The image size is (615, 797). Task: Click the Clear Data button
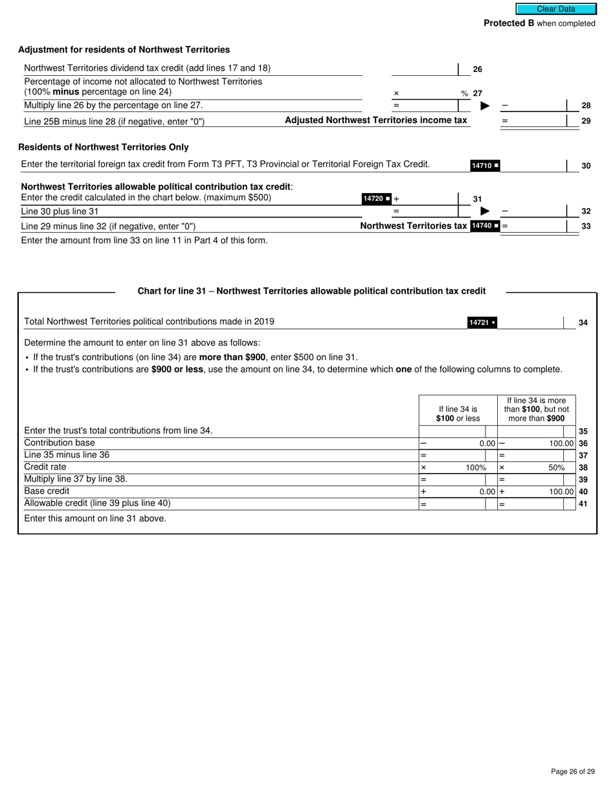(x=555, y=9)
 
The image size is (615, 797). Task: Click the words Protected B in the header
(x=509, y=23)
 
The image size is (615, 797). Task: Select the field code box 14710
(x=485, y=166)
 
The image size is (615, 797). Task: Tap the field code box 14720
(x=376, y=199)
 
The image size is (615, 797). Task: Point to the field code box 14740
(x=485, y=226)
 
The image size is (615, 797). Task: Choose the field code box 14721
(x=482, y=323)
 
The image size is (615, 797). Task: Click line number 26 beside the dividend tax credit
(x=478, y=69)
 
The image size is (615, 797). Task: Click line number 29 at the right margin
(x=586, y=121)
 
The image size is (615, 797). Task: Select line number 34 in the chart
(x=583, y=323)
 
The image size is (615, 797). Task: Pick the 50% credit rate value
(x=556, y=468)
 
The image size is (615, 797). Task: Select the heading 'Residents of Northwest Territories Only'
(x=104, y=147)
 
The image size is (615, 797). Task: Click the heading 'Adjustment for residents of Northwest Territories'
(x=124, y=50)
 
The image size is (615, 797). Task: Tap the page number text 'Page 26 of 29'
(x=572, y=771)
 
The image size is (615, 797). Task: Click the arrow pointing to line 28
(x=485, y=106)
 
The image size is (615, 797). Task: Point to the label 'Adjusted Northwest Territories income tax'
(x=375, y=121)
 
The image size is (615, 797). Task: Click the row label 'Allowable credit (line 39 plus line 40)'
(x=97, y=503)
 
